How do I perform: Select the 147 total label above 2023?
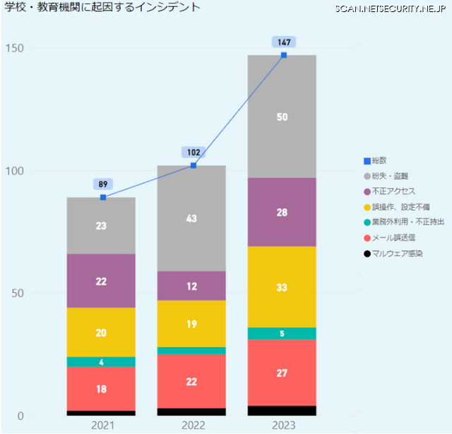283,42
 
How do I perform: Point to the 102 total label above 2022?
193,152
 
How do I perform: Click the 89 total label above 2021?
103,184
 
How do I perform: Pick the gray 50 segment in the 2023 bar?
282,117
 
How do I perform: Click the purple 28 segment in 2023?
282,212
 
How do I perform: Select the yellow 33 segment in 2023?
282,287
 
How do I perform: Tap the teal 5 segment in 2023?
282,334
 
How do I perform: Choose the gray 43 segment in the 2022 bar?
191,218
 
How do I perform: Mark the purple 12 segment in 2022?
191,286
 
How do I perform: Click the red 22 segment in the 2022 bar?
191,381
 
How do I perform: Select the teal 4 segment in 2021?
101,362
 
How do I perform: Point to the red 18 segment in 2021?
101,389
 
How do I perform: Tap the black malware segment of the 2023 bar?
282,411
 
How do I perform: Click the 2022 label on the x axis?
191,425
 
